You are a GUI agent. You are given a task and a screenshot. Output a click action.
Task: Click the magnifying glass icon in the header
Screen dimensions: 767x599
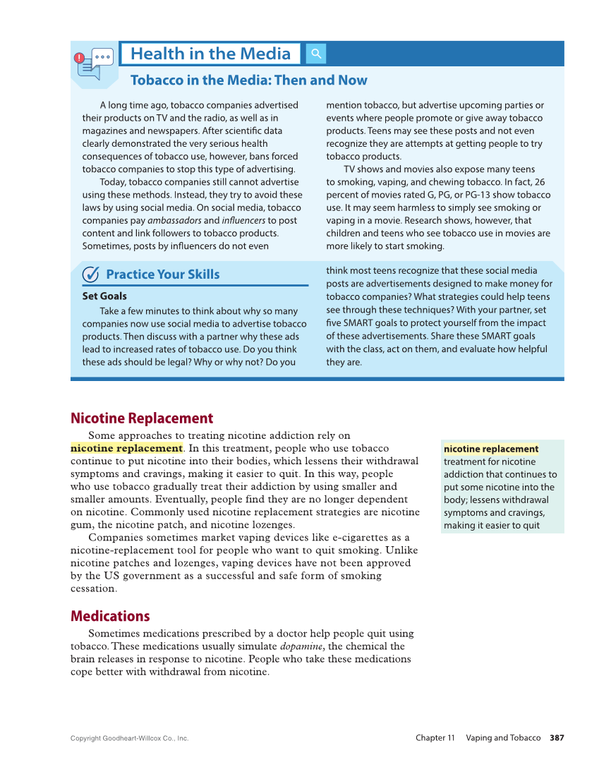(316, 54)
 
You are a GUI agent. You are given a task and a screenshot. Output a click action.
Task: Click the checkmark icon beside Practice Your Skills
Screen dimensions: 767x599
(90, 274)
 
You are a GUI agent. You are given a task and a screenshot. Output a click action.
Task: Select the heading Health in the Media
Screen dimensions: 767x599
(210, 54)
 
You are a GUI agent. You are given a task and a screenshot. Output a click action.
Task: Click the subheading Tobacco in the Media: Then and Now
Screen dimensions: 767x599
(248, 80)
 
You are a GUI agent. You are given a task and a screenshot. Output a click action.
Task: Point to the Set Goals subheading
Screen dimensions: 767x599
(104, 296)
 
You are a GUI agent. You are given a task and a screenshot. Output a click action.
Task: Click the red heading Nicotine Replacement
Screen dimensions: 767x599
(142, 418)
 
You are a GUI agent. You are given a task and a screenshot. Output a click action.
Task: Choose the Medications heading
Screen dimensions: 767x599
(110, 616)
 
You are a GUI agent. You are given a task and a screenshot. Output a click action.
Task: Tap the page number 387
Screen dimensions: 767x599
(557, 738)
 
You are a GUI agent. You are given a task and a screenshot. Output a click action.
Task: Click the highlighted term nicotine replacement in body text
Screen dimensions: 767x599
(126, 448)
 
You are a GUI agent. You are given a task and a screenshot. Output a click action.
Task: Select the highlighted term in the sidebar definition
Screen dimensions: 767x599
(490, 449)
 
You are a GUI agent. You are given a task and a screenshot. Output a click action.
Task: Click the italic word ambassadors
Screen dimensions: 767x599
(174, 220)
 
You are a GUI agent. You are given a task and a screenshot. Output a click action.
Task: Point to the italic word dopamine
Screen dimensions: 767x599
(301, 646)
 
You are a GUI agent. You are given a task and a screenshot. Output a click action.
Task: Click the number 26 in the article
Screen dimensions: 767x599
(539, 182)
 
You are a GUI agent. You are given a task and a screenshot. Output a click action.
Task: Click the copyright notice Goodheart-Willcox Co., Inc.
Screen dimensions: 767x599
(130, 739)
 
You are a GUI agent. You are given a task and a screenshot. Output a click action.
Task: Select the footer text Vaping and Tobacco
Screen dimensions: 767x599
(503, 738)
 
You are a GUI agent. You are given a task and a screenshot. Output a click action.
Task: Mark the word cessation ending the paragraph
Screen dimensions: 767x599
(93, 588)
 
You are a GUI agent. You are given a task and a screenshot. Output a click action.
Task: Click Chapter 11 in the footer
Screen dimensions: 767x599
(435, 738)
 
